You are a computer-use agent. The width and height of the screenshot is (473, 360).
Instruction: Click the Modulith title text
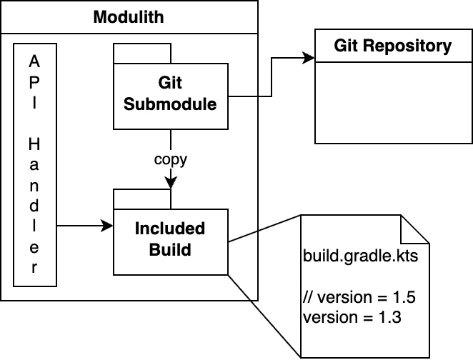pos(129,16)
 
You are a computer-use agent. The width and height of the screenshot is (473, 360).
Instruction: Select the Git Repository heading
pos(393,46)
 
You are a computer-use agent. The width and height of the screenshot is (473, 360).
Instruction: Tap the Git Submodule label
pos(170,94)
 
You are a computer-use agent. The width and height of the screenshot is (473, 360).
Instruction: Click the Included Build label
pos(170,240)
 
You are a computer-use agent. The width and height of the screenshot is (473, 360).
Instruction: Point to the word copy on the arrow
pos(171,159)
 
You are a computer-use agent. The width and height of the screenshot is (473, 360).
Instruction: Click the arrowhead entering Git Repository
pos(309,58)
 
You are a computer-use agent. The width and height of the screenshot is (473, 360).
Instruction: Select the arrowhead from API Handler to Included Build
pos(108,226)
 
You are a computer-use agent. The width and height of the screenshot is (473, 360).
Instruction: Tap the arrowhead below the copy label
pos(171,184)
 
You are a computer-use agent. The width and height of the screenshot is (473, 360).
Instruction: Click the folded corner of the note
pos(414,229)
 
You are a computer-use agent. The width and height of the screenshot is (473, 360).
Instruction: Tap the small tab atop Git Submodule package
pos(142,54)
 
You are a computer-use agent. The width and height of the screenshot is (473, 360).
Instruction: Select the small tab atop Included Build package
pos(142,199)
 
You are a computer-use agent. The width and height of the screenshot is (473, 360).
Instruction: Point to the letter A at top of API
pos(33,62)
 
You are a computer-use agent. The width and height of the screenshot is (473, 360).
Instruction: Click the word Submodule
pos(170,104)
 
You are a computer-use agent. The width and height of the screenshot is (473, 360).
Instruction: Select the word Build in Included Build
pos(170,250)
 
